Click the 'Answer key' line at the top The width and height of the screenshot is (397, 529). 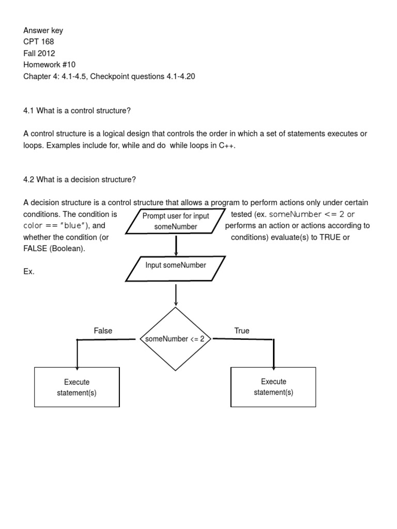point(43,30)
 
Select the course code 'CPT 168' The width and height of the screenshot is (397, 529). point(38,42)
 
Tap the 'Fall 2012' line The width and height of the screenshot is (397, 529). point(39,53)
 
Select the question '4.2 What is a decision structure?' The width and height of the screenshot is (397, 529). point(79,179)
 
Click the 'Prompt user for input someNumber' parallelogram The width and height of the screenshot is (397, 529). point(176,222)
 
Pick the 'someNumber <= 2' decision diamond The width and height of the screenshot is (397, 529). point(176,339)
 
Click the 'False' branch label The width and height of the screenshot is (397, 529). point(103,331)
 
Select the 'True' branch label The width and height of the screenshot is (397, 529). point(241,331)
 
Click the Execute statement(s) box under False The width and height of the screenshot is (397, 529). point(77,387)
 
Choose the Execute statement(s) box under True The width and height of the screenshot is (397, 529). point(273,387)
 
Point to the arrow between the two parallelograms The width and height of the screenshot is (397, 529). point(176,245)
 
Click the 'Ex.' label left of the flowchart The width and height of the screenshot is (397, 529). point(29,271)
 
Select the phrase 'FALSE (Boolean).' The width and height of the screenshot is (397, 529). point(54,248)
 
